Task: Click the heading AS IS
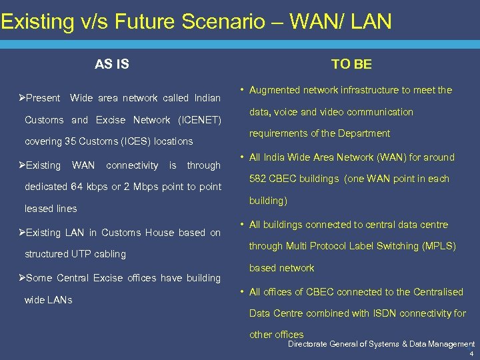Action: [111, 64]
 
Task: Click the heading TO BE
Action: [351, 64]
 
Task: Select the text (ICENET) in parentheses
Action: [199, 120]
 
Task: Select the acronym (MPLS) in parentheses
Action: [439, 246]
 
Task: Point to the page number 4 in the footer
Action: [472, 354]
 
